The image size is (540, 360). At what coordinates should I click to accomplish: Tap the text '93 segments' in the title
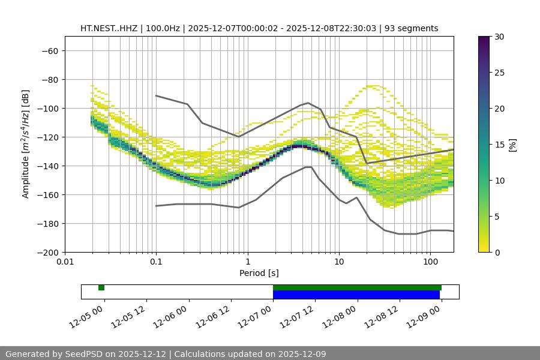(412, 28)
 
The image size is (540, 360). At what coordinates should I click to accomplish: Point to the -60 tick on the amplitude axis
(49, 50)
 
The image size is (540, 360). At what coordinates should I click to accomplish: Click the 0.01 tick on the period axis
(65, 262)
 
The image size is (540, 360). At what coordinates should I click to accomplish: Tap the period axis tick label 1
(248, 262)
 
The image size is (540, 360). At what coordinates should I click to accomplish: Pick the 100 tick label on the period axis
(430, 262)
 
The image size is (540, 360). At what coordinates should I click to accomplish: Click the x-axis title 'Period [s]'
(259, 273)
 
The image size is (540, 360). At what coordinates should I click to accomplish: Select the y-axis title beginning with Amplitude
(26, 144)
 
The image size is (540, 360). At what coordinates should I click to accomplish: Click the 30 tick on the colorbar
(499, 37)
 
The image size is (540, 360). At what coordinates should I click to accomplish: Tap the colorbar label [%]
(512, 145)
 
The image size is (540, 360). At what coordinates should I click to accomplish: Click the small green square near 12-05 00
(101, 287)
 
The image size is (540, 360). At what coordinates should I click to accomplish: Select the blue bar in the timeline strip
(356, 295)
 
